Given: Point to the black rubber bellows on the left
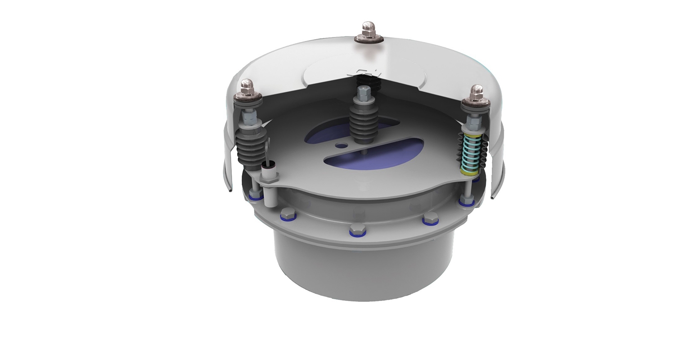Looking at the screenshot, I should point(249,144).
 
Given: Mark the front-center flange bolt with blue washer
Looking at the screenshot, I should point(358,230).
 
